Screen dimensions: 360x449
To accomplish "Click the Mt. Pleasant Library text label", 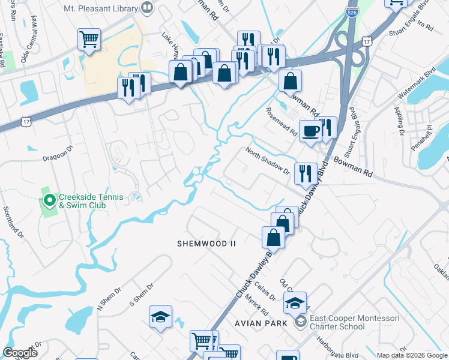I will point(101,8).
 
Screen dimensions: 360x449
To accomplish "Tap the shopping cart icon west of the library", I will point(89,40).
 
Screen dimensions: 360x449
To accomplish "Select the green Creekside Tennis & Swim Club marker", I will point(49,200).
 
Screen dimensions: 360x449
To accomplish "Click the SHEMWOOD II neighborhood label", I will point(206,244).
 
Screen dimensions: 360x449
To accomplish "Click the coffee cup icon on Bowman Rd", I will point(310,131).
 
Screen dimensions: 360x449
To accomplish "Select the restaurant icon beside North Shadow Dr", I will point(305,173).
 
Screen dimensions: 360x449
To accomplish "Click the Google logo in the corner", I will point(20,353).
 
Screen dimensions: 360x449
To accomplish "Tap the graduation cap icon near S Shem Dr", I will point(160,317).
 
